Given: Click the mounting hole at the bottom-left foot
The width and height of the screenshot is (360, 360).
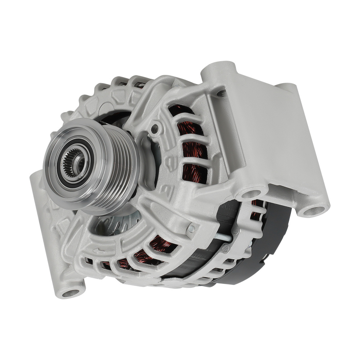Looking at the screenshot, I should (71, 293).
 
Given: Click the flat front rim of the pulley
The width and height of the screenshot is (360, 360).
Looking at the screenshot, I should (54, 173).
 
